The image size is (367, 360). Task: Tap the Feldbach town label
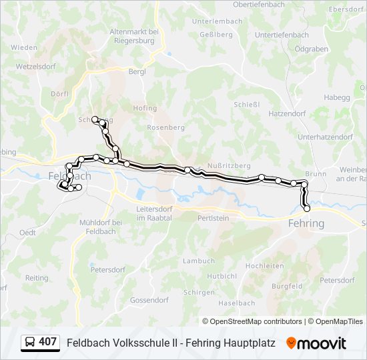pos(70,176)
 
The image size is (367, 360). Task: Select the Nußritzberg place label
pos(228,165)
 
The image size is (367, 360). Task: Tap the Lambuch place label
pos(199,261)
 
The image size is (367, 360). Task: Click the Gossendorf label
pos(149,300)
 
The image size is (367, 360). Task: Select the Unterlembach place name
pos(217,21)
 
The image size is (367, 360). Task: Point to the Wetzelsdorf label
pos(36,67)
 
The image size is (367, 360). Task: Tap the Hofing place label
pos(145,108)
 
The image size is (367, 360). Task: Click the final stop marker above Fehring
pos(307,209)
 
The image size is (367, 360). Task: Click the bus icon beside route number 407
pos(30,343)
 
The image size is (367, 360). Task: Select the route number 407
pos(48,342)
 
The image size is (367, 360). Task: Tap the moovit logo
pos(316,343)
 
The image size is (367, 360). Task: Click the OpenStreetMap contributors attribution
pos(256,321)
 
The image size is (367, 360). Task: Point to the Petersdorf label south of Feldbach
pos(107,270)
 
